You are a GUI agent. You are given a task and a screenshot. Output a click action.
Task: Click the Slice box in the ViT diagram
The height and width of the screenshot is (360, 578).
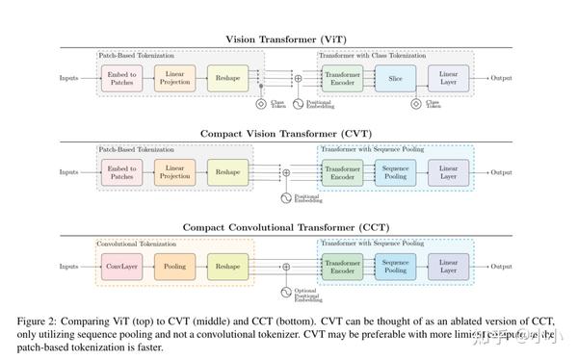(x=394, y=78)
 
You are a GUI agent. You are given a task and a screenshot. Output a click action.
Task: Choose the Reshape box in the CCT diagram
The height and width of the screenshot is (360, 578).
(x=227, y=266)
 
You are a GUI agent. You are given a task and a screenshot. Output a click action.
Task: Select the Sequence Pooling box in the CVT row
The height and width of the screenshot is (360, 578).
(x=395, y=171)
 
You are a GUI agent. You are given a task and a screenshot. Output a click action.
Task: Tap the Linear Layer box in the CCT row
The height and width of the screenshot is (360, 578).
(x=449, y=266)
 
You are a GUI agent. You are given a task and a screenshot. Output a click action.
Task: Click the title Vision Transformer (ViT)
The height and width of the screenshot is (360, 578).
(x=288, y=39)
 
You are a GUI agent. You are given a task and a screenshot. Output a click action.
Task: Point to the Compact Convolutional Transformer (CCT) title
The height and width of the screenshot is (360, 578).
(x=288, y=226)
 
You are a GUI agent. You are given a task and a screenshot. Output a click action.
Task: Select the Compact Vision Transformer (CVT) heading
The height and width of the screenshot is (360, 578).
(x=288, y=133)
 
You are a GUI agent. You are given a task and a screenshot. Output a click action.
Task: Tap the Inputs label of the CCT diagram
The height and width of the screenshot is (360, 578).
(x=69, y=266)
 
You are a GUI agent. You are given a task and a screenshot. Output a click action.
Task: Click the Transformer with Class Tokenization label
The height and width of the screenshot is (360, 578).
(x=374, y=55)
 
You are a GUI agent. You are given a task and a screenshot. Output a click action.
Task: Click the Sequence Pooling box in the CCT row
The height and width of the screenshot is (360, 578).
(x=395, y=266)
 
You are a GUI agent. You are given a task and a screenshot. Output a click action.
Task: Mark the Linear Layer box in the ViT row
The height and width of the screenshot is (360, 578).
(x=449, y=78)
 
